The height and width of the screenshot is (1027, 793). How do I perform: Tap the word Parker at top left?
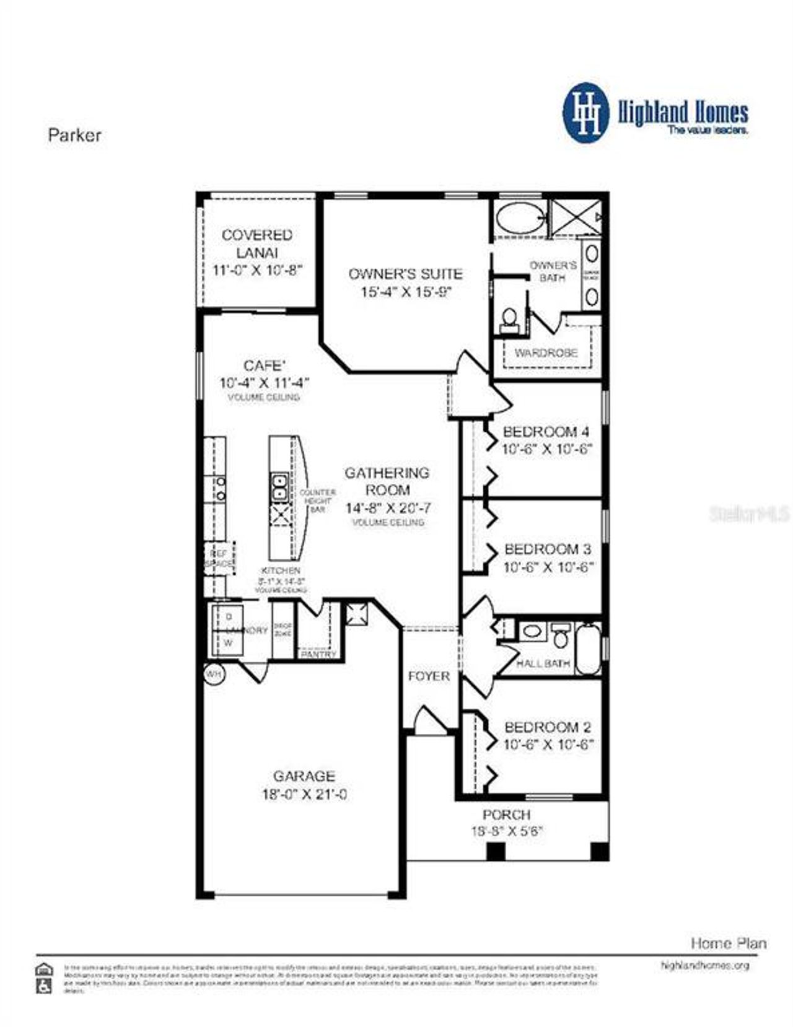point(74,135)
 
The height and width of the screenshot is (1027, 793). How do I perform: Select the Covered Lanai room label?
point(257,243)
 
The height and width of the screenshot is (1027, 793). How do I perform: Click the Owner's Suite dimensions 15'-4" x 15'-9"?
point(405,292)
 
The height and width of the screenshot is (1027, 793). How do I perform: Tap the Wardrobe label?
point(546,352)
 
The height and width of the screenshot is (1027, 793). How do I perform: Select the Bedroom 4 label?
point(546,432)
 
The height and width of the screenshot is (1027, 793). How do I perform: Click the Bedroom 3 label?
point(548,549)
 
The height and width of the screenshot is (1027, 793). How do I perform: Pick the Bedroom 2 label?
point(548,727)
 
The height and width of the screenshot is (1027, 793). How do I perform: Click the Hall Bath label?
point(543,663)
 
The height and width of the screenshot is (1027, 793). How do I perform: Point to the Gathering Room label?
point(387,481)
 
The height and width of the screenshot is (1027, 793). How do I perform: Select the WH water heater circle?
point(214,674)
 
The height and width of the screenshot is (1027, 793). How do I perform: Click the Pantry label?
point(318,654)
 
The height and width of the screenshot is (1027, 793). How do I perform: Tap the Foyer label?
point(429,676)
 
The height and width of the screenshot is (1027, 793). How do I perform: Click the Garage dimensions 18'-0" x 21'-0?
point(304,794)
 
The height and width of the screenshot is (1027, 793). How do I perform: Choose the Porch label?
point(506,815)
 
